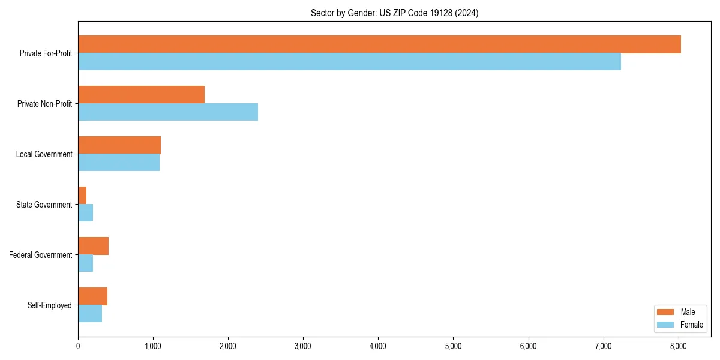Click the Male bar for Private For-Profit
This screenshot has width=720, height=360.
pos(379,44)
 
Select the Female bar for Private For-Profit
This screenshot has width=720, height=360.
pos(349,62)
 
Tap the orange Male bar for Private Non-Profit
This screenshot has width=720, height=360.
pos(141,95)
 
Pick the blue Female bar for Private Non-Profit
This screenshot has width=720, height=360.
pos(168,112)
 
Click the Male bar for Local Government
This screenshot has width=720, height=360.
pos(119,145)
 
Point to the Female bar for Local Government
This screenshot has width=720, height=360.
pos(119,163)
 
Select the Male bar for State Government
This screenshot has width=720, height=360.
pos(82,196)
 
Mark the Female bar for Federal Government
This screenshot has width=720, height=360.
pos(85,263)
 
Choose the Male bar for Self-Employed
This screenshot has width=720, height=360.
pos(92,296)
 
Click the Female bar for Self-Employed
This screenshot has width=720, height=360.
pos(90,314)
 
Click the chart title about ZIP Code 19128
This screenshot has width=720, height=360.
pos(394,13)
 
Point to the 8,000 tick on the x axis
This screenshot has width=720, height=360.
pos(678,346)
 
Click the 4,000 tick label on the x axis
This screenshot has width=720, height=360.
pos(378,346)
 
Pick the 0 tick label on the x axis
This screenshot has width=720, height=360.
pos(78,346)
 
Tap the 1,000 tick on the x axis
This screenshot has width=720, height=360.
pos(153,346)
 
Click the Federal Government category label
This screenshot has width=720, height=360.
pos(41,255)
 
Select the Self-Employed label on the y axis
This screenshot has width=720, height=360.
pos(50,305)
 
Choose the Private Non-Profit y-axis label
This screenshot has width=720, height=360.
pos(44,104)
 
